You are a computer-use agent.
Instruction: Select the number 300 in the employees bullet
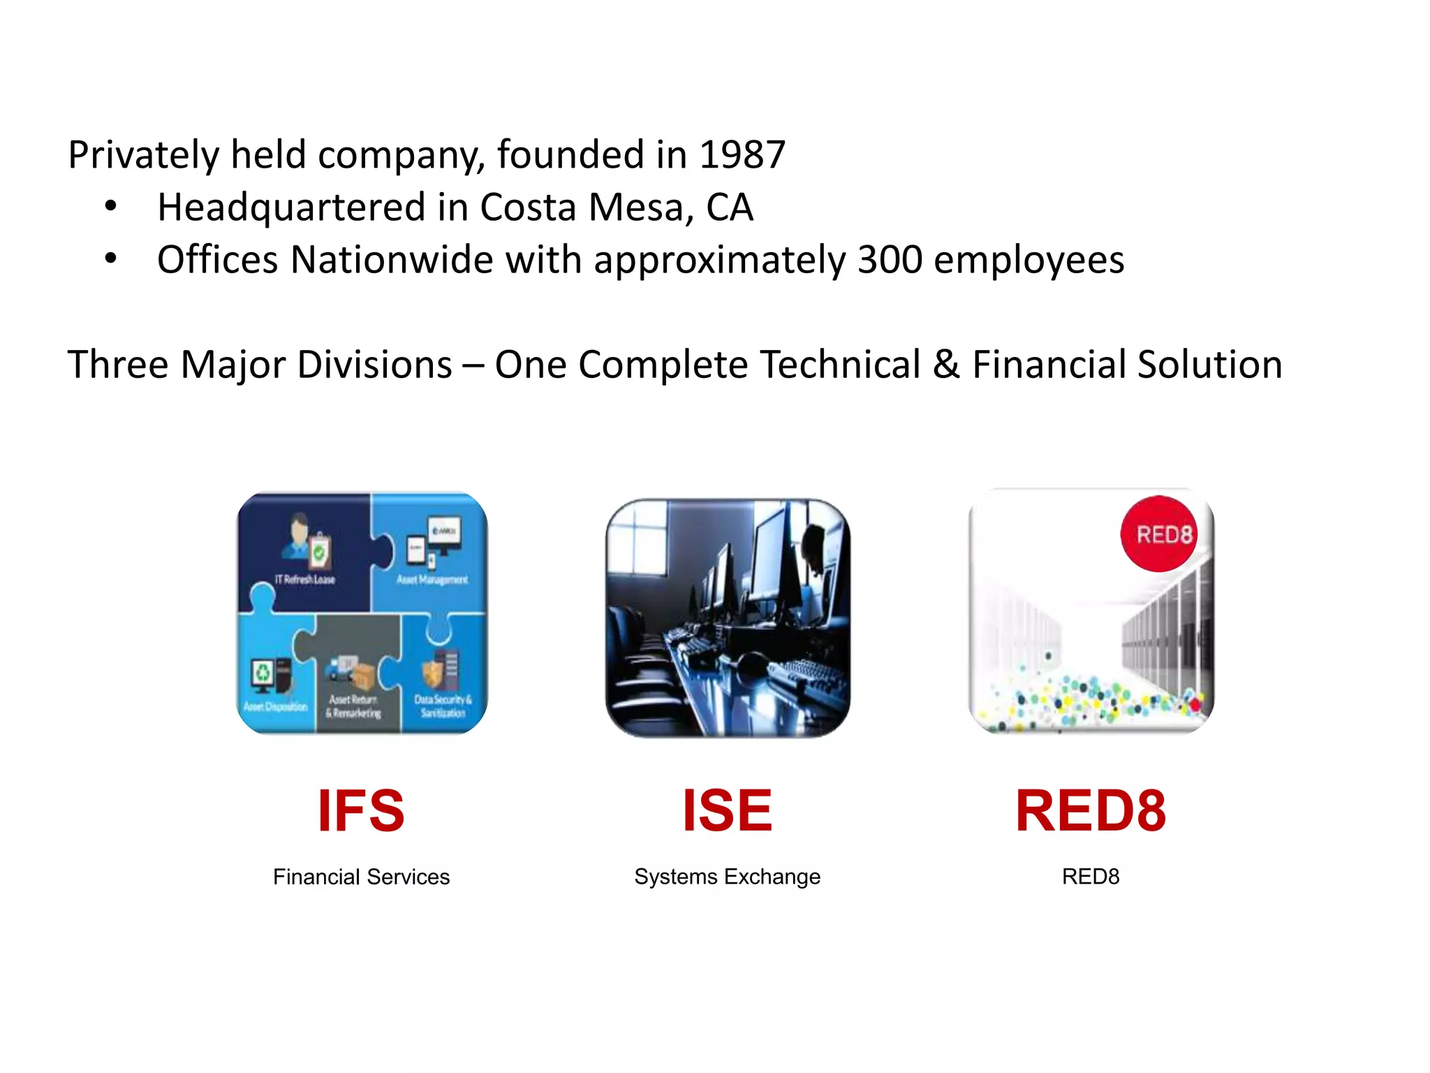(x=889, y=260)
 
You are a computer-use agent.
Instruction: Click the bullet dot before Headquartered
(x=110, y=207)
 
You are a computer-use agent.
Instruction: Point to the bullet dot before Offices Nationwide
(x=110, y=259)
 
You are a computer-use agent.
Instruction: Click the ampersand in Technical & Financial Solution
(x=946, y=365)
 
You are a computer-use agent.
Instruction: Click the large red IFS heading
(x=361, y=810)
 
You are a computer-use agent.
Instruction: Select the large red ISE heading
(x=727, y=810)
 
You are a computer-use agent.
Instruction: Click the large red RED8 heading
(x=1090, y=810)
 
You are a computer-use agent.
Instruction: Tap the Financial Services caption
(x=361, y=877)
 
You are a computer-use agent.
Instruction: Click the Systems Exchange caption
(x=727, y=877)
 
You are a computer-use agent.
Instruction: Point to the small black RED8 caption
(x=1090, y=877)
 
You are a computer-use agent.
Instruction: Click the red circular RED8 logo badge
(x=1159, y=534)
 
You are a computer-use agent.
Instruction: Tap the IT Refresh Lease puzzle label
(x=304, y=580)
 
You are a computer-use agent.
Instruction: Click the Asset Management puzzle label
(x=432, y=580)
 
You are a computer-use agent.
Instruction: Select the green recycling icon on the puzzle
(x=263, y=673)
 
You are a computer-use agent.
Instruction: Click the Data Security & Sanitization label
(x=443, y=706)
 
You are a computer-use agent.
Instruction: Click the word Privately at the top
(x=143, y=154)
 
